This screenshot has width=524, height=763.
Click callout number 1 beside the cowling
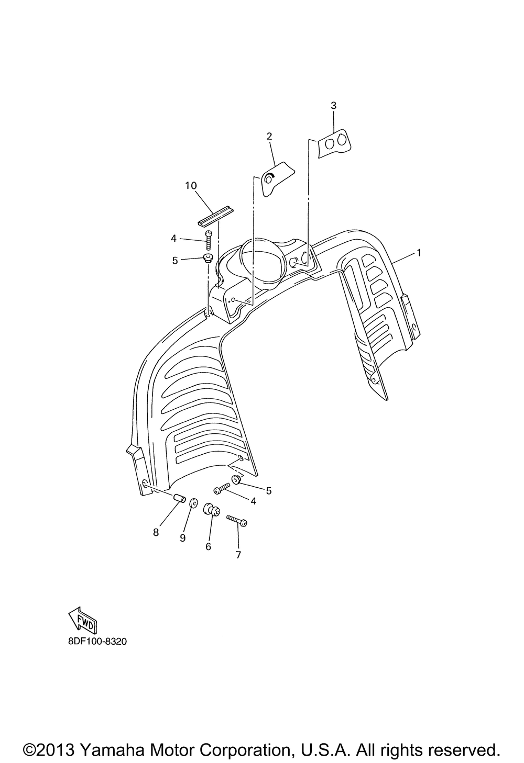click(419, 253)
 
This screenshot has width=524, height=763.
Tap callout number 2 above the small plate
click(269, 137)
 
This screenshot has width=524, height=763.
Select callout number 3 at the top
click(334, 106)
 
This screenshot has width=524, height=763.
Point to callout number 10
click(191, 186)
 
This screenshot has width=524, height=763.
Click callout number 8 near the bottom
click(156, 532)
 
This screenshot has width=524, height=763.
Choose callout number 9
click(182, 538)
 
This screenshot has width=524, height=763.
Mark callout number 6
click(208, 546)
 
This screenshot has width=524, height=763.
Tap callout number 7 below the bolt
click(238, 555)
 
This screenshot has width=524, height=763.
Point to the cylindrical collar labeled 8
click(179, 498)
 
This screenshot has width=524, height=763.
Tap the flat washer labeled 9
click(193, 503)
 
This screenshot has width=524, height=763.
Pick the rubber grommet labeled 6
click(212, 510)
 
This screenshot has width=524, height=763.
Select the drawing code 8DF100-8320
click(97, 642)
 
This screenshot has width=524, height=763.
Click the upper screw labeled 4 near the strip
click(209, 240)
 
